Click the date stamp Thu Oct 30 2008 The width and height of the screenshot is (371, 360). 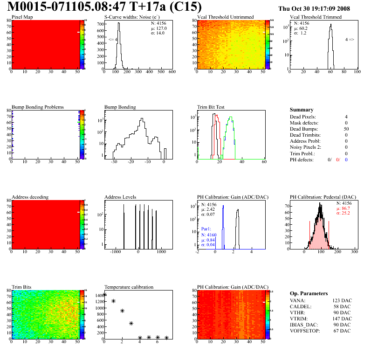pos(314,8)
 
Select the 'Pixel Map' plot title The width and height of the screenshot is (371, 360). pos(22,17)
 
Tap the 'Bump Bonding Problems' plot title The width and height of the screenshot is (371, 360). pos(37,107)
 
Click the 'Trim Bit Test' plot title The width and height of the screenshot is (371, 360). pos(211,107)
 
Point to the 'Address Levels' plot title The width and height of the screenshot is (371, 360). pos(120,197)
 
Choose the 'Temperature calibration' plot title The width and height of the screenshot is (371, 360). pos(129,287)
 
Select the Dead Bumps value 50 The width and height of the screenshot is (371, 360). pos(346,129)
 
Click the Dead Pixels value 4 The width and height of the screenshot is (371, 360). pos(346,117)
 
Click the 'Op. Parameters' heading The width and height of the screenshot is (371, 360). pos(309,293)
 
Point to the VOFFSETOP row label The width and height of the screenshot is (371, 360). pos(305,331)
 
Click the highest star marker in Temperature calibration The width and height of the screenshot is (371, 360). pos(104,295)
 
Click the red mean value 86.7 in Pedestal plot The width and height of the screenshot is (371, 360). pos(345,208)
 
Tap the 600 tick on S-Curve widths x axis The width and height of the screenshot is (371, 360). pos(172,72)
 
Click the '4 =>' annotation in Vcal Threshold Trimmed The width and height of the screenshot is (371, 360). pos(349,40)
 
